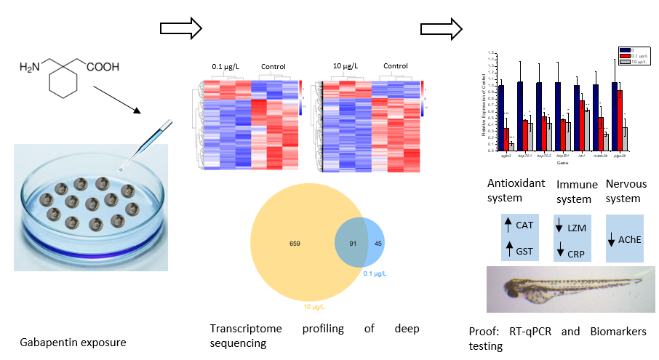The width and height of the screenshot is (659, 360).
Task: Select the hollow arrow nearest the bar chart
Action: pyautogui.click(x=441, y=29)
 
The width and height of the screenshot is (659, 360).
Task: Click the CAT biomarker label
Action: pyautogui.click(x=524, y=225)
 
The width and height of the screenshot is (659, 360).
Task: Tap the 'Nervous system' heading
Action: pyautogui.click(x=624, y=191)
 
